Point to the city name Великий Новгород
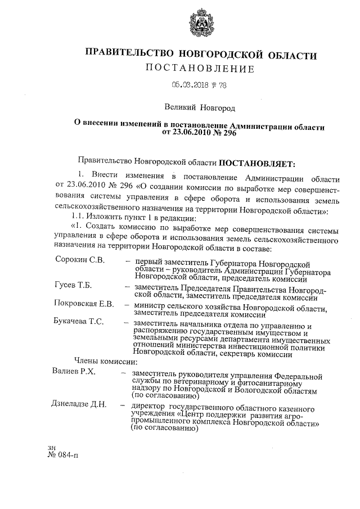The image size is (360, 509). click(200, 107)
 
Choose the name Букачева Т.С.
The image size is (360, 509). click(81, 322)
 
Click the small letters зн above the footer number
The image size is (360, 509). click(53, 447)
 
